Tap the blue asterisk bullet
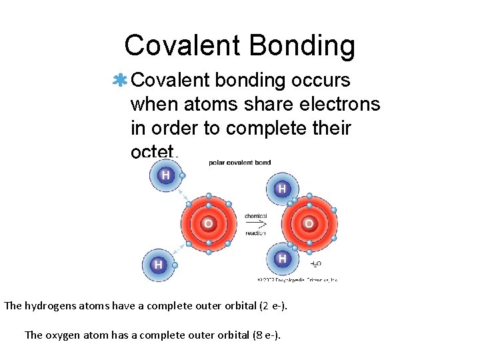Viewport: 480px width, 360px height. pos(120,81)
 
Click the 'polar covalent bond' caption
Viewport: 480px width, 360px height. pos(239,163)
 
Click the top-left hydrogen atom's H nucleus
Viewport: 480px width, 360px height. pos(164,175)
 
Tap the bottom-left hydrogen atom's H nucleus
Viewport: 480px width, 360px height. pos(158,265)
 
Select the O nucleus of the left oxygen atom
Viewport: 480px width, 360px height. pos(208,223)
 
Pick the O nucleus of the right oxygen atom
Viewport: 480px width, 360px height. pos(309,223)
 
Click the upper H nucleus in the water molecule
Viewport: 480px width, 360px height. pos(282,189)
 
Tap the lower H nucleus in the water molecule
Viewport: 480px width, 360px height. pos(282,258)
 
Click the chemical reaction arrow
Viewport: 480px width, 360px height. pos(256,225)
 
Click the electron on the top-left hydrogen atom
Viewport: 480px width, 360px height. pos(182,176)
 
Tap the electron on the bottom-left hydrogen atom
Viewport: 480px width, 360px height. pos(175,265)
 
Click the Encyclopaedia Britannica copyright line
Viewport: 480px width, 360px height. pos(297,279)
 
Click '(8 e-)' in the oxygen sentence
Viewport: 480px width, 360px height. pos(263,335)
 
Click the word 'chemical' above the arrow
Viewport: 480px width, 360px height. pos(256,216)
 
